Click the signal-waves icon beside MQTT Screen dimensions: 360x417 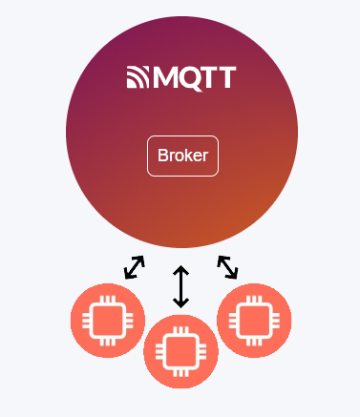coord(138,78)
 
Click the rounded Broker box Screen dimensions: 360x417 coord(182,156)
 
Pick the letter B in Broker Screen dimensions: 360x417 coord(162,156)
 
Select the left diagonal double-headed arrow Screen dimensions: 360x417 coord(135,267)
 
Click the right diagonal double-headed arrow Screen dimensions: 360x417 coord(227,267)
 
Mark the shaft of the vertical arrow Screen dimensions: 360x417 coord(181,286)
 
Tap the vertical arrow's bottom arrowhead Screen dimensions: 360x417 coord(181,303)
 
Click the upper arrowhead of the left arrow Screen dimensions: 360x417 coord(141,260)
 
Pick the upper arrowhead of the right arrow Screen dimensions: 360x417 coord(221,260)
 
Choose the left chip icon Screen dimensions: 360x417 coord(108,321)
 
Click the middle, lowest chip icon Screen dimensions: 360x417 coord(180,351)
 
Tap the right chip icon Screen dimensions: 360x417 coord(254,321)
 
